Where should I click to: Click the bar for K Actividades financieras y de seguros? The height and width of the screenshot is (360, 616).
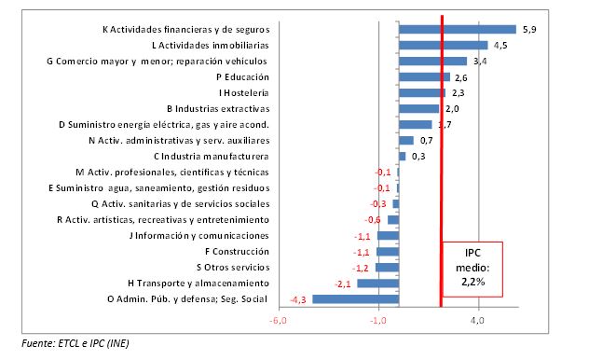(x=457, y=29)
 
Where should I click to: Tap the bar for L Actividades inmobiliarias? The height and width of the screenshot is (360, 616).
(x=443, y=45)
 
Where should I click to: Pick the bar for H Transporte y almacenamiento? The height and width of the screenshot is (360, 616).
(x=377, y=283)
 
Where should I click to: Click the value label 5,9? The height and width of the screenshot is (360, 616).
(x=528, y=29)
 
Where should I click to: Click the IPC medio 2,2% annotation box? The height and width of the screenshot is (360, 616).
(x=471, y=268)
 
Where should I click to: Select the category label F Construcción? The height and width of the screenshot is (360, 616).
(x=236, y=251)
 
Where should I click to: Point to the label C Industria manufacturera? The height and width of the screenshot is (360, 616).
(x=211, y=156)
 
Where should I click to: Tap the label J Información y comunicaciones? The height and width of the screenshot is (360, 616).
(x=198, y=235)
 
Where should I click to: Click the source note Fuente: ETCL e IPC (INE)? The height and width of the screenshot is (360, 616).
(x=76, y=343)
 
